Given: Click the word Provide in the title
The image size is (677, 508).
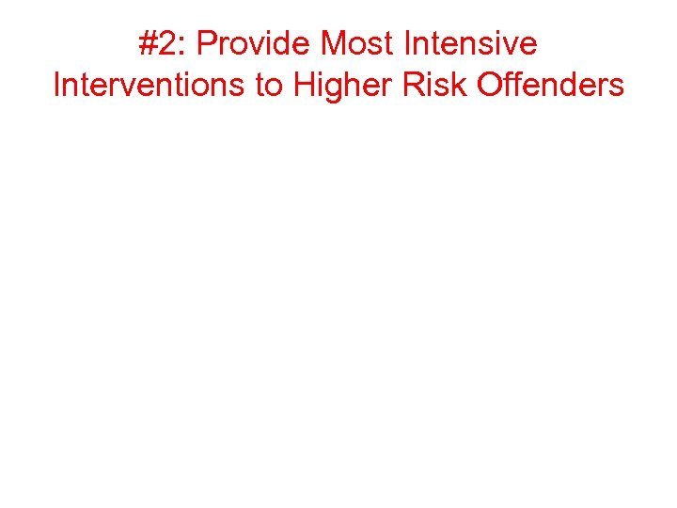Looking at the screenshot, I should click(x=255, y=44).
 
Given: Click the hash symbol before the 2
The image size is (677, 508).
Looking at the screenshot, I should click(x=148, y=44).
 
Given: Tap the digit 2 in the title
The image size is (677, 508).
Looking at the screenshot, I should click(x=167, y=44).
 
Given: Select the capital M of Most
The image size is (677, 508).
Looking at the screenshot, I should click(x=335, y=44).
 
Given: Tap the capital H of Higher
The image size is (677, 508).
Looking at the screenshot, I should click(x=305, y=86).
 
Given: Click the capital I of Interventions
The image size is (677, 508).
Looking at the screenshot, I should click(x=57, y=86).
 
